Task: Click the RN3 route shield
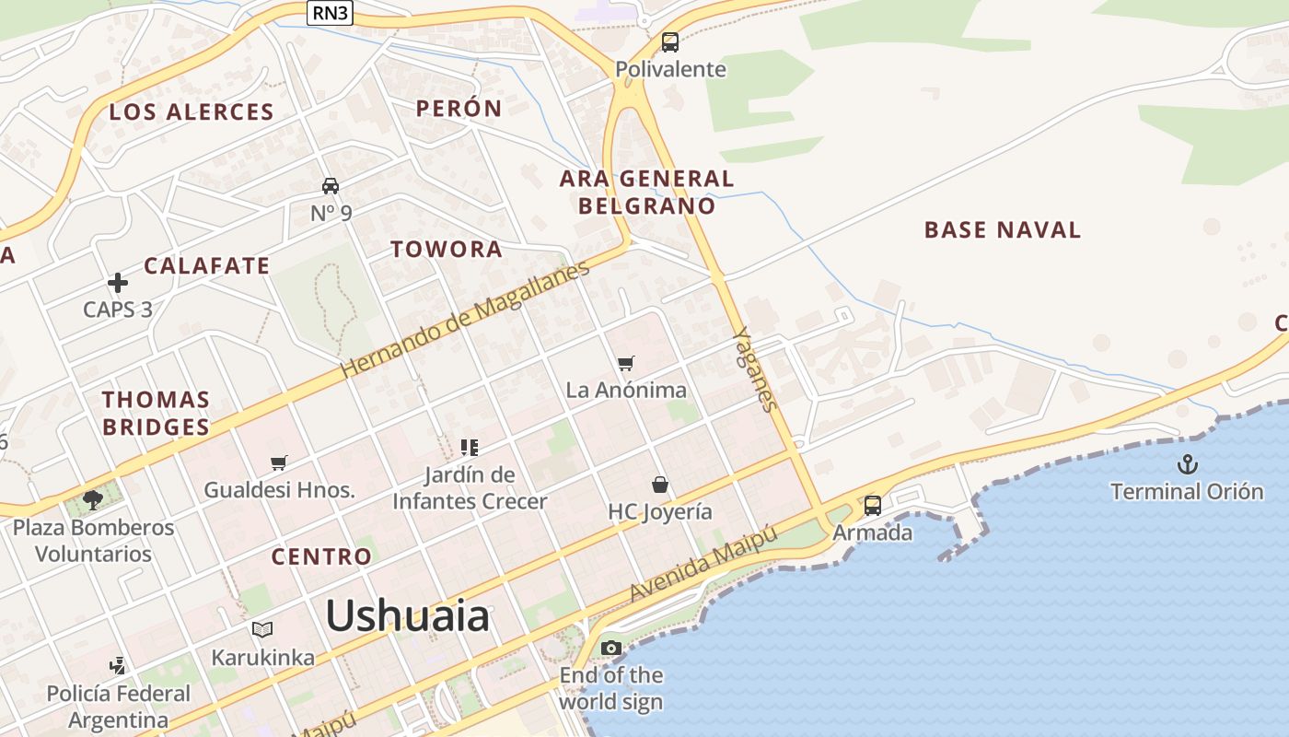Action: point(330,13)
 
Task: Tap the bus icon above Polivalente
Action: point(670,42)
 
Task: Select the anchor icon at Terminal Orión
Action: point(1188,463)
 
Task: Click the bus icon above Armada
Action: point(872,506)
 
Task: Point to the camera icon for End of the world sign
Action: point(610,649)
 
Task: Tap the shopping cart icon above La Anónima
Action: point(626,364)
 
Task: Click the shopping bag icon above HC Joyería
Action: point(659,485)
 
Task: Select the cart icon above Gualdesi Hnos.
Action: point(279,462)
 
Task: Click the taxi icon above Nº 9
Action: point(331,186)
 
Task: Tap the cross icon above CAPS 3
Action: point(118,283)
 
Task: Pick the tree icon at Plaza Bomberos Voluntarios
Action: point(92,500)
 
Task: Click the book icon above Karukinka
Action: point(262,630)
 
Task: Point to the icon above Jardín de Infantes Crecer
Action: point(470,448)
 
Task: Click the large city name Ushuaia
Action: point(407,615)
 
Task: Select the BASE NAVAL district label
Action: point(1002,230)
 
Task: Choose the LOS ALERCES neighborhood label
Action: point(192,112)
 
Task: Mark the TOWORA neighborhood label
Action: point(447,250)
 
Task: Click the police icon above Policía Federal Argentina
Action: point(117,665)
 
